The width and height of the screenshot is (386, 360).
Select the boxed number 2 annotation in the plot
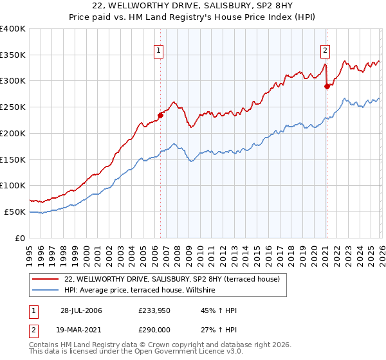point(326,50)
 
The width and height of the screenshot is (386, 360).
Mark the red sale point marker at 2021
point(327,86)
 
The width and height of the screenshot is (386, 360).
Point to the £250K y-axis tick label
point(13,107)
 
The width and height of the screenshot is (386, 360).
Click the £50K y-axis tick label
point(15,212)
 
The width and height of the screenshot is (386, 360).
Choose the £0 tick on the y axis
point(21,238)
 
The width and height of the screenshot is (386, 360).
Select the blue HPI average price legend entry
point(142,291)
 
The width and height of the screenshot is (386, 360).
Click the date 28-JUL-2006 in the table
point(80,310)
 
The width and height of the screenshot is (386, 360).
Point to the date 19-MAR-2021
point(80,329)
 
